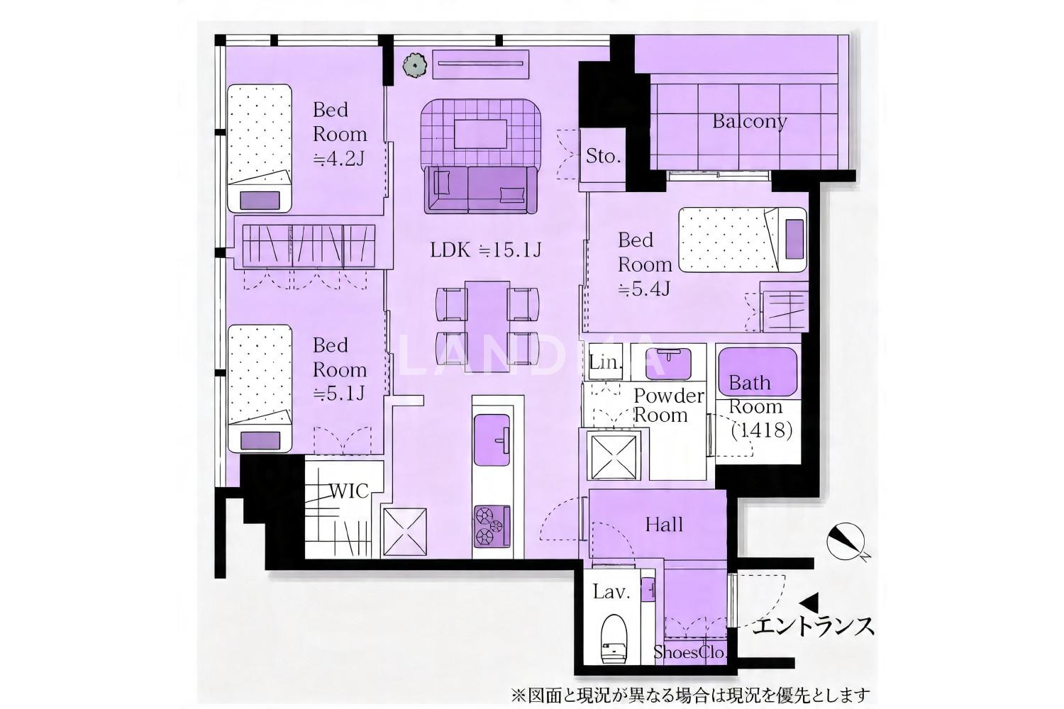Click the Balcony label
[749, 121]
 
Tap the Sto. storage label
[603, 156]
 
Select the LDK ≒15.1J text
[485, 250]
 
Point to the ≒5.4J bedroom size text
[644, 289]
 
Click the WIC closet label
[349, 491]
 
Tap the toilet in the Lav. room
[614, 639]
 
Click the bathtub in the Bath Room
[757, 372]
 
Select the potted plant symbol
[415, 65]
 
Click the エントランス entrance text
[813, 626]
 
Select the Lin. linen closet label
[605, 363]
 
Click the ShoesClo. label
[689, 652]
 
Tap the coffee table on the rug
[481, 134]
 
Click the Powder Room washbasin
[669, 363]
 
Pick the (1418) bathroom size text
[761, 430]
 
